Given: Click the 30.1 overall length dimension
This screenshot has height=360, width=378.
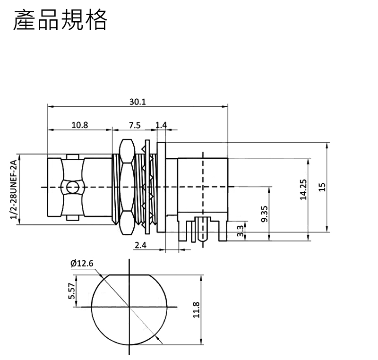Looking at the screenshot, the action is pyautogui.click(x=137, y=102).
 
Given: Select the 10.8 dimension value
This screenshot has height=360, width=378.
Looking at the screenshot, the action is pyautogui.click(x=80, y=125).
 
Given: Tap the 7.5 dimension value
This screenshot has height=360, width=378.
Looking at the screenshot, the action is pyautogui.click(x=135, y=125).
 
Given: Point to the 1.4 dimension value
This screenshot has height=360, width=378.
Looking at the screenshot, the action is pyautogui.click(x=161, y=125).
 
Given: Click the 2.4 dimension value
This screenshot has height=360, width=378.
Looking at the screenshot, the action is pyautogui.click(x=140, y=245).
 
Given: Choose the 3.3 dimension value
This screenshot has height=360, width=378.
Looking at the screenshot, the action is pyautogui.click(x=241, y=231).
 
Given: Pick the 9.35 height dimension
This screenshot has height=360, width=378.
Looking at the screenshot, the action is pyautogui.click(x=265, y=214).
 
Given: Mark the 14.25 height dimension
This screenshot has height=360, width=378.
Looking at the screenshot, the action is pyautogui.click(x=303, y=189).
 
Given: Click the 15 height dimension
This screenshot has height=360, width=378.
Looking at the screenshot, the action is pyautogui.click(x=322, y=187).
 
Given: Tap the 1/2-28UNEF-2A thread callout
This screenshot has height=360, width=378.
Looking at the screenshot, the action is pyautogui.click(x=14, y=189).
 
